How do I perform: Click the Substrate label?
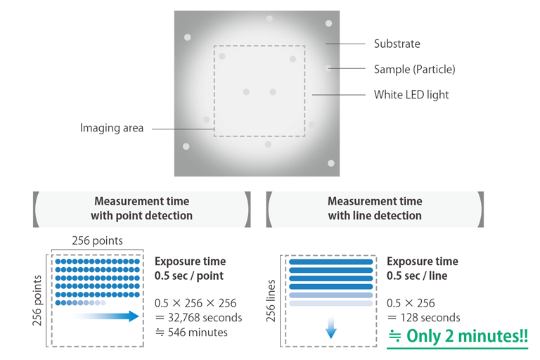397,44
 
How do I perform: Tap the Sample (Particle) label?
415,69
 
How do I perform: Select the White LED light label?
411,94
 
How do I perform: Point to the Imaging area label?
112,128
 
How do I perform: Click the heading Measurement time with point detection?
141,208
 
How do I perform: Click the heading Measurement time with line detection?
375,208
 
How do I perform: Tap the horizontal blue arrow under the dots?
105,316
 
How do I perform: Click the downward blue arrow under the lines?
331,326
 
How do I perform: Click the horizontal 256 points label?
97,240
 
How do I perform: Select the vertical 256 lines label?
271,301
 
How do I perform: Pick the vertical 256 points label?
37,300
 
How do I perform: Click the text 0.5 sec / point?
189,276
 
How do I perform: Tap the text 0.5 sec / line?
417,276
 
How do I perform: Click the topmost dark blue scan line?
331,262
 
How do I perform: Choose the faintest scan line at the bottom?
331,304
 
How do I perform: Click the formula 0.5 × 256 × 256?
195,303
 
